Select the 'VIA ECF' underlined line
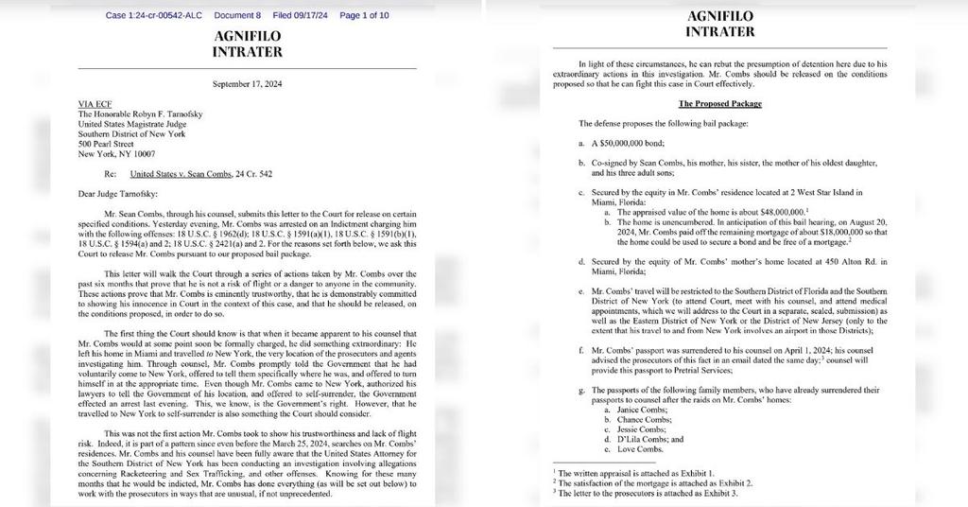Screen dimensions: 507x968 coord(93,105)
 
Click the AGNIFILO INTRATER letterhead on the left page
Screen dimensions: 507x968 coord(247,44)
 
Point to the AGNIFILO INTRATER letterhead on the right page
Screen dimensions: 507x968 coord(719,24)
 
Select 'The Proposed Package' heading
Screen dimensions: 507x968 coord(720,103)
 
